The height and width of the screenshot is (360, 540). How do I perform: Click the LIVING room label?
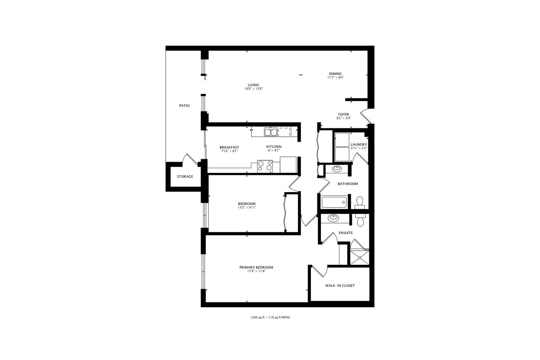[x=253, y=85]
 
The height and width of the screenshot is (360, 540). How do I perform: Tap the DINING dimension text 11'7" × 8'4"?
[x=335, y=78]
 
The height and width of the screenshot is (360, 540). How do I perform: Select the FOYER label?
[x=344, y=114]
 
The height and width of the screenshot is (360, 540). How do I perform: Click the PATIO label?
[x=184, y=106]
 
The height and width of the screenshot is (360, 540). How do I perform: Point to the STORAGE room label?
[x=185, y=177]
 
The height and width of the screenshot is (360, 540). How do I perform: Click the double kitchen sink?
[x=271, y=132]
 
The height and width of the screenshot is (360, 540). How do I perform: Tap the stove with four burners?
[x=265, y=166]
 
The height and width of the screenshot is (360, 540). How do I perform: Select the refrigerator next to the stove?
[x=288, y=165]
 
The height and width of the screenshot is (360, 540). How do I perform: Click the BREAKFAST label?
[x=229, y=147]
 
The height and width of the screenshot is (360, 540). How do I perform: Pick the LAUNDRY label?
[x=359, y=144]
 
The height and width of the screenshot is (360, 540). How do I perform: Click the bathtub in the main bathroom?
[x=334, y=202]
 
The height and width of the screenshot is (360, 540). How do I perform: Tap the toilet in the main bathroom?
[x=360, y=202]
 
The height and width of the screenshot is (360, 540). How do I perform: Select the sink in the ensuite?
[x=333, y=219]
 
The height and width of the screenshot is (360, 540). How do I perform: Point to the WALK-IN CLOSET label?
[x=340, y=286]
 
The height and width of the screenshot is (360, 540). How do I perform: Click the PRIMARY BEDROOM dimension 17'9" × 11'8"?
[x=256, y=271]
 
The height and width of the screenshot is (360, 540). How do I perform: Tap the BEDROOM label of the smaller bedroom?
[x=247, y=204]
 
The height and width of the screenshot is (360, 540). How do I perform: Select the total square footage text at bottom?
[x=270, y=318]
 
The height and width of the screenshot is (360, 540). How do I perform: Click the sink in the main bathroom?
[x=337, y=169]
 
